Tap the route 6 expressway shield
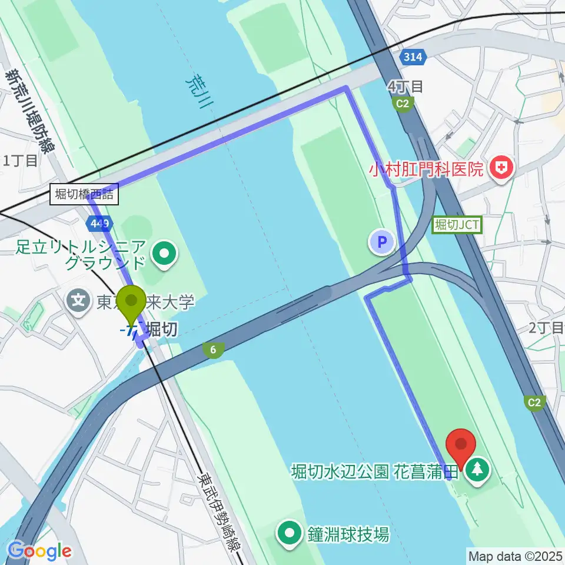point(213,350)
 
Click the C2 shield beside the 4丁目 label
point(403,104)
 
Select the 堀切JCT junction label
point(457,224)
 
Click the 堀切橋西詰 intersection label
point(85,194)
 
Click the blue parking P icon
point(381,242)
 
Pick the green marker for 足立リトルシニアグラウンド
point(164,255)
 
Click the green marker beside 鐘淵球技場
point(290,534)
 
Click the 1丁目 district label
point(20,159)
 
